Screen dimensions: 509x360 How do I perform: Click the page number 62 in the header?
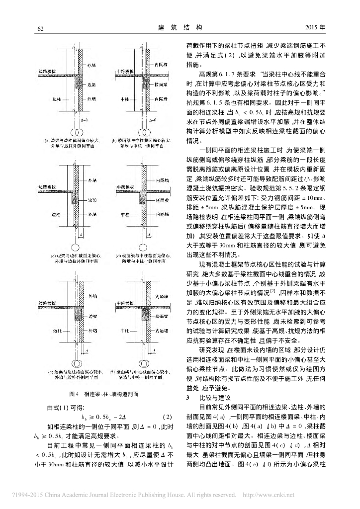[41, 28]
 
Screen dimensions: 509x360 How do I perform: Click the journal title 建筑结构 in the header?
[180, 27]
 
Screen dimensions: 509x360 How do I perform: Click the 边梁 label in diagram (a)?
[91, 85]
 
